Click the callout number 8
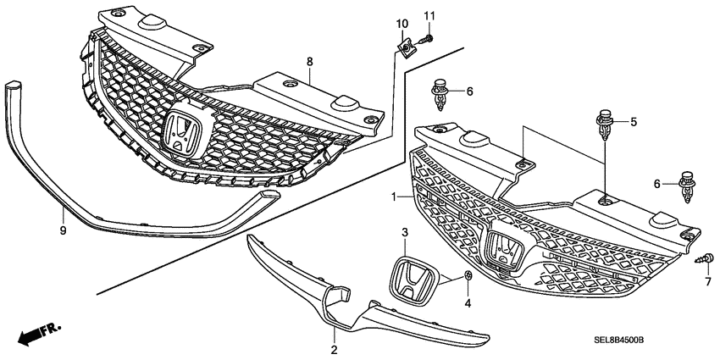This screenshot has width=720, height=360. [x=310, y=62]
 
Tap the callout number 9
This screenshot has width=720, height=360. [x=63, y=229]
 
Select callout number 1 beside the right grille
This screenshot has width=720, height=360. [x=394, y=197]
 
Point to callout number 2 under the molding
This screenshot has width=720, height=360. [x=335, y=349]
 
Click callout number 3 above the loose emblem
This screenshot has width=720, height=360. [x=405, y=231]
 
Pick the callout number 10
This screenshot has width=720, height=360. [x=402, y=23]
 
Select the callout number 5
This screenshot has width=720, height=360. [x=632, y=123]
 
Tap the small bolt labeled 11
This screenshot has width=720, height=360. [x=429, y=38]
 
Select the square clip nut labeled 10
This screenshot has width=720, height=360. [x=407, y=49]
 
